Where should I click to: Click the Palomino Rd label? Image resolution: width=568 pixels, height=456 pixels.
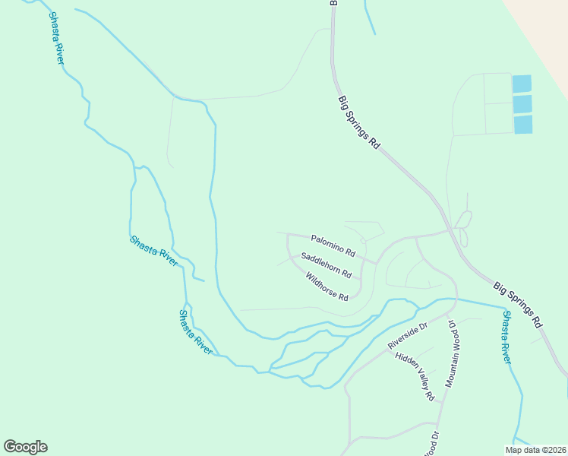coord(333,245)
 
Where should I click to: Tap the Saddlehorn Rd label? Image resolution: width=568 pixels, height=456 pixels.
coord(326,265)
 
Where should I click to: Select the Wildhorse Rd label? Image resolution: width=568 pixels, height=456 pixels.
coord(327,286)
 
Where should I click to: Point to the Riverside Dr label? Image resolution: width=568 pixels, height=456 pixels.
coord(408,335)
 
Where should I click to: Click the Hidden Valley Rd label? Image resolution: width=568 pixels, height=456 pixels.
coord(415,376)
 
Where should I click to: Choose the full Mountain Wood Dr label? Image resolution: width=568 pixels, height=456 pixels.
coord(453,353)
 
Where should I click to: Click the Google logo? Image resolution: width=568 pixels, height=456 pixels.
coord(25,447)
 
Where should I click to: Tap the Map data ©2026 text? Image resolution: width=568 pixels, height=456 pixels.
coord(535,450)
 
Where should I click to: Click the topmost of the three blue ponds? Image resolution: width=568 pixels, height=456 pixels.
coord(522,84)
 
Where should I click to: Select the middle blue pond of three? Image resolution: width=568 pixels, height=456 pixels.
coord(522,104)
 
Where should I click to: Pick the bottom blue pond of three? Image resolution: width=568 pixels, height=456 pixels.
coord(523,124)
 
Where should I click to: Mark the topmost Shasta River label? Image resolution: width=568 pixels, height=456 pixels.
coord(55,37)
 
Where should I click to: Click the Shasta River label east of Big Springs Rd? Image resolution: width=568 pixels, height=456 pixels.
coord(506,337)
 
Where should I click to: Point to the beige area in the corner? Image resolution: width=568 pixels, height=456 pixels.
coord(543,23)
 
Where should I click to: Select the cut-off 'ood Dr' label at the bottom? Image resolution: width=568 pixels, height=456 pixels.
coord(431,444)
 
